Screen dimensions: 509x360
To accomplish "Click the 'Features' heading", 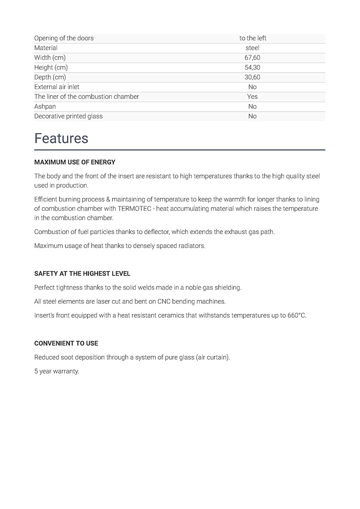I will (x=61, y=139).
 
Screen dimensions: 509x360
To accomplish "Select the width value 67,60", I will (x=253, y=58).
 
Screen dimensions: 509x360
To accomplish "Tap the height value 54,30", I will (x=253, y=67).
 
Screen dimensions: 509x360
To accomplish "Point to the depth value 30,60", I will (x=253, y=77).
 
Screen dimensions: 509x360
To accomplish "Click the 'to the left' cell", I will (x=253, y=38).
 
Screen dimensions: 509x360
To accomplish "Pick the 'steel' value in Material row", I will (x=253, y=48).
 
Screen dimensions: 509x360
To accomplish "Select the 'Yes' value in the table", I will (x=253, y=97).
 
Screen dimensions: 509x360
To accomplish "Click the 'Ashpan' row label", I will (x=45, y=106).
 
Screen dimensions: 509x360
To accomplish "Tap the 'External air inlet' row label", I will (x=57, y=87).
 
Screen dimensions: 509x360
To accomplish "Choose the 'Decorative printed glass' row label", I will (x=68, y=116).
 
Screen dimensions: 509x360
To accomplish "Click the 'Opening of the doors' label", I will (x=64, y=38).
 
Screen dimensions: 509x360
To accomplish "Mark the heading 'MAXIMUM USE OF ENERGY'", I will (x=75, y=162).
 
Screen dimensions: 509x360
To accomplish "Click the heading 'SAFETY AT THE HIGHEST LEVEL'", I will (x=82, y=274).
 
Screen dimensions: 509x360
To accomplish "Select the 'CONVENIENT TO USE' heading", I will (x=66, y=344).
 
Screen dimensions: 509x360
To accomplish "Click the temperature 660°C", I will (x=297, y=316).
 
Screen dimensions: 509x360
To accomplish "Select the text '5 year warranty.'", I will (x=56, y=372).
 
